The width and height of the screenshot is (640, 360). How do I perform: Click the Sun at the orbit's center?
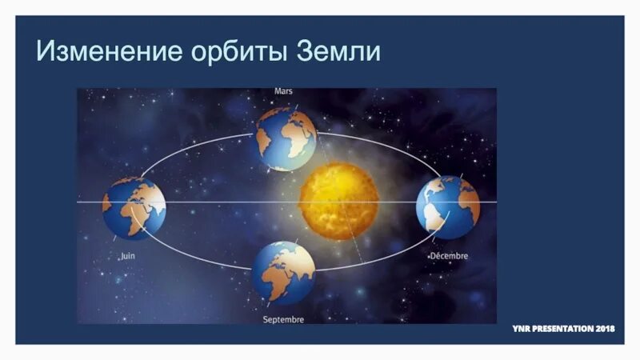[338, 201]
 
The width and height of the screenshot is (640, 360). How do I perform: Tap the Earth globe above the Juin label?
[134, 208]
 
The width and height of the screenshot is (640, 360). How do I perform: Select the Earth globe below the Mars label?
[286, 139]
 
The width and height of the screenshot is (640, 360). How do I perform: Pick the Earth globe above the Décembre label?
[447, 207]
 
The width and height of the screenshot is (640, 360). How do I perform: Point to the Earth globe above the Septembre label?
[283, 273]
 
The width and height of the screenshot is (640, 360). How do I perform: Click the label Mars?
[283, 91]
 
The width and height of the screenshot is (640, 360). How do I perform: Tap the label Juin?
[127, 256]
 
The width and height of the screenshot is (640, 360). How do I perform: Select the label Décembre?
[449, 256]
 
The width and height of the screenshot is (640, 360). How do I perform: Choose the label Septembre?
[283, 320]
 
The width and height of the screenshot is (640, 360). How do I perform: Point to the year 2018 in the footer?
[606, 329]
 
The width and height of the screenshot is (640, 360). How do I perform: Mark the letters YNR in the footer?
[522, 329]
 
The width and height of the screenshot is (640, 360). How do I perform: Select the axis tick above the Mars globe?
[295, 105]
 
